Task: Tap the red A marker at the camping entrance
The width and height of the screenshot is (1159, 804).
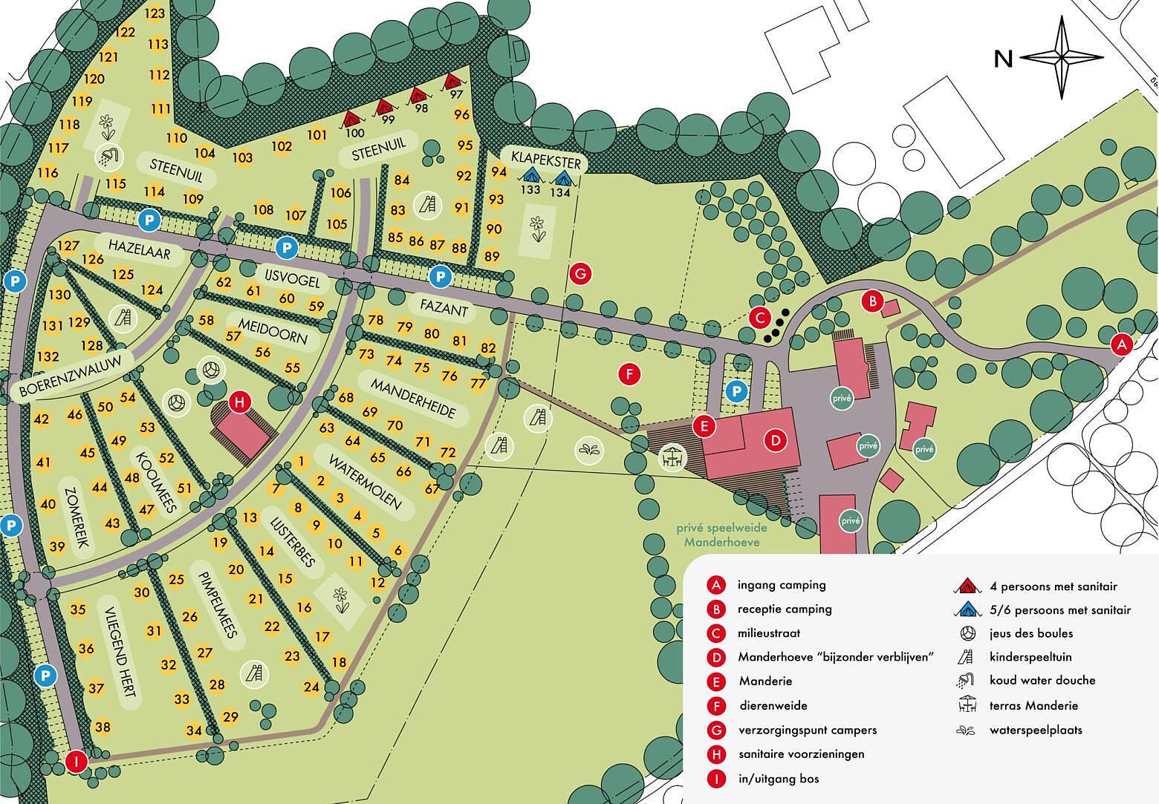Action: coord(1122,344)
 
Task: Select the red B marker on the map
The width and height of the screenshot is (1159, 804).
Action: coord(871,301)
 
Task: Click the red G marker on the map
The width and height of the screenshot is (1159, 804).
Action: coord(580,273)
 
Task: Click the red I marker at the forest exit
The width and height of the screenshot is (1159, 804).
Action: coord(76,761)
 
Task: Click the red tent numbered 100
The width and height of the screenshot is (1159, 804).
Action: coord(352,119)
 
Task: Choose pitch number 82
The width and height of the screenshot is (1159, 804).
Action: coord(488,347)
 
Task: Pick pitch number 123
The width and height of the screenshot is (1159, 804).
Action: coord(155,13)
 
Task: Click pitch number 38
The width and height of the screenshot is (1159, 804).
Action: coord(103,727)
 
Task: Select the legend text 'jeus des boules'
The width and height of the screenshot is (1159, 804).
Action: coord(1030,633)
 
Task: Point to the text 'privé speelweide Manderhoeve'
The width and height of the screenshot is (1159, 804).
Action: coord(721,536)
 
